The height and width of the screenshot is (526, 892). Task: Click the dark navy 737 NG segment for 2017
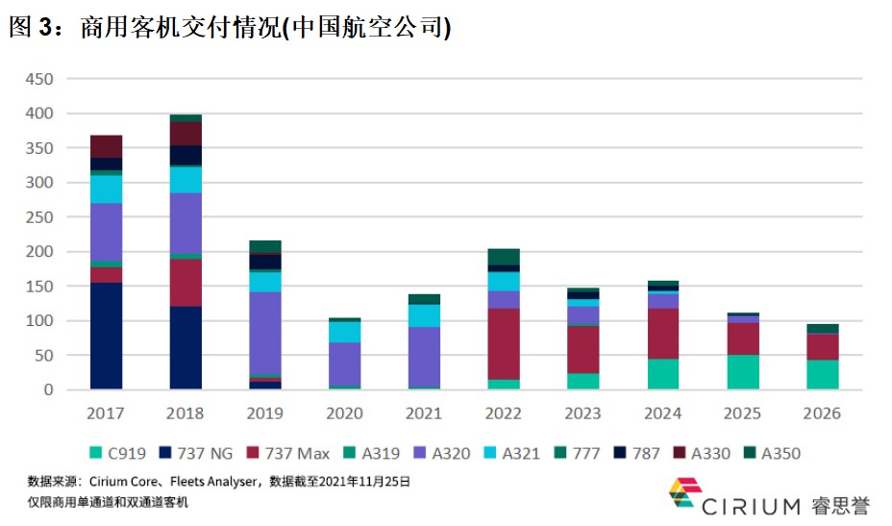point(106,336)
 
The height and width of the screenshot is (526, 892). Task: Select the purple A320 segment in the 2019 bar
point(265,333)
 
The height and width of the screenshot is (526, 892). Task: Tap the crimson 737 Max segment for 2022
point(504,344)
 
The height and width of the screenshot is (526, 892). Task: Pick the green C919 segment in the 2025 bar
point(743,372)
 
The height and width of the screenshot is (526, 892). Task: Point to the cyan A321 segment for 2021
point(424,316)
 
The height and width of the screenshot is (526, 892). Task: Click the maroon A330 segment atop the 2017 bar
point(106,146)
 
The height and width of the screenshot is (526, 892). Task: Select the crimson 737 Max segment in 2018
point(186,283)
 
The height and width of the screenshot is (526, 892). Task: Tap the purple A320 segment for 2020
point(344,364)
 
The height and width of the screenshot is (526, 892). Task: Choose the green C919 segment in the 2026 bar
point(823,375)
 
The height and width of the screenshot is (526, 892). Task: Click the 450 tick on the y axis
point(39,79)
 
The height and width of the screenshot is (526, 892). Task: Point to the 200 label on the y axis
point(39,252)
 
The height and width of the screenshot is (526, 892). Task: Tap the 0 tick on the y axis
point(48,390)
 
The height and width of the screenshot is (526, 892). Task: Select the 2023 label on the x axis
point(582,413)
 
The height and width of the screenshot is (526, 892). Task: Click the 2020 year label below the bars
point(344,413)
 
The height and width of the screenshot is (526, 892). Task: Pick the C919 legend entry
point(118,453)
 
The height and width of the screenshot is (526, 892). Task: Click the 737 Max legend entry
point(287,453)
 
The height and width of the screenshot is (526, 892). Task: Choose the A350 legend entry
point(772,453)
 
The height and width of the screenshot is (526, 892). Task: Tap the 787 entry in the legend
point(636,453)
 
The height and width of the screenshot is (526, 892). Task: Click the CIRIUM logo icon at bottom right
point(684,491)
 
